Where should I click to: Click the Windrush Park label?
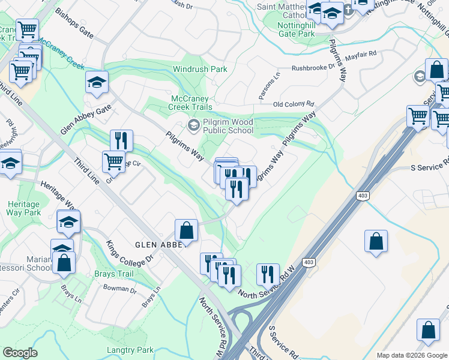click(x=200, y=69)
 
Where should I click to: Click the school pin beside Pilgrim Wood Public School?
click(x=193, y=125)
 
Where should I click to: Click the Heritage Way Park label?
click(x=23, y=208)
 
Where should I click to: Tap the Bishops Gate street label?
click(x=74, y=23)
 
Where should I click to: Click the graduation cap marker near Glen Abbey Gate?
click(x=97, y=83)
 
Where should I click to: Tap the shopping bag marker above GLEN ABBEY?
click(x=186, y=230)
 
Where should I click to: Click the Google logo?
click(x=20, y=353)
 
